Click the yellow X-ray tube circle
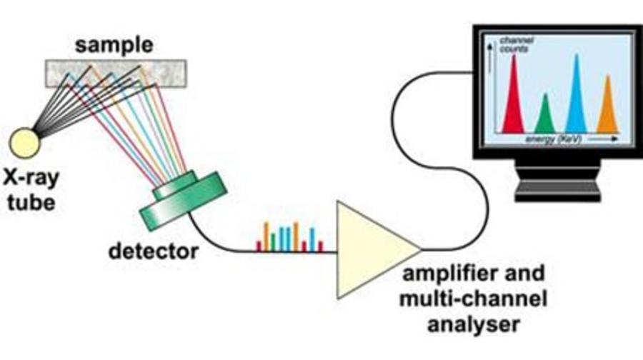[24, 140]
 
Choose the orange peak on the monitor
[607, 107]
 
